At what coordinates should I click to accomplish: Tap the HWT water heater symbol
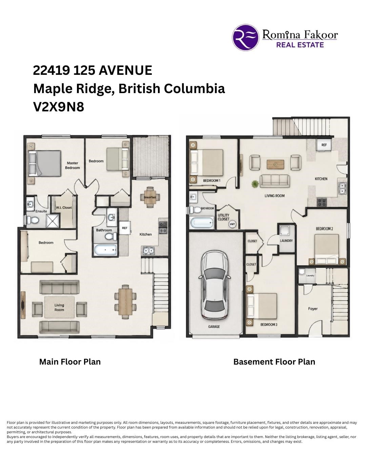click(232, 224)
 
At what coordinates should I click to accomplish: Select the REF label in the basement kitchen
click(324, 145)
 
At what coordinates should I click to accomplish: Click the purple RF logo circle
click(246, 37)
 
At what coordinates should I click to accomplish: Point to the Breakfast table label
click(150, 197)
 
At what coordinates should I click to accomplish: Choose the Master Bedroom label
click(73, 165)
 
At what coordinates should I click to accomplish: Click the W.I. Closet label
click(64, 208)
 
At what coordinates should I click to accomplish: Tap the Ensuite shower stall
click(53, 221)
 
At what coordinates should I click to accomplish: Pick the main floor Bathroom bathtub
click(105, 250)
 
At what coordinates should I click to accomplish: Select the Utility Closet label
click(224, 217)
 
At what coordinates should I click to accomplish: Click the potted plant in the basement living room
click(255, 184)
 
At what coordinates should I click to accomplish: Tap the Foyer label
click(312, 309)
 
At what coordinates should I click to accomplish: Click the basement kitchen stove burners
click(322, 202)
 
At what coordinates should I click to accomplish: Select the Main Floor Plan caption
click(70, 362)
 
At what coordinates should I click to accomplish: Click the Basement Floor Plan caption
click(274, 362)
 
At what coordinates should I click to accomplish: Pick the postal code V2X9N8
click(59, 107)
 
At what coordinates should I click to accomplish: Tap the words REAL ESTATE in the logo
click(300, 45)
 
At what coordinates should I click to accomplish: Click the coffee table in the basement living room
click(275, 165)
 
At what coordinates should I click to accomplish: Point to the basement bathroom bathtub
click(202, 223)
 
